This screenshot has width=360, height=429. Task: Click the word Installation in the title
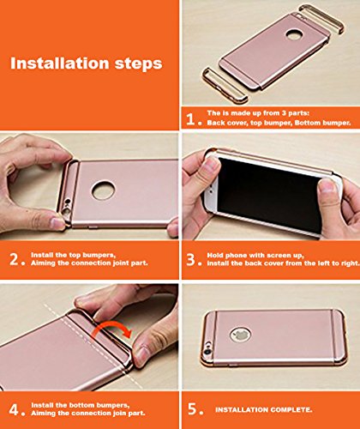[60, 63]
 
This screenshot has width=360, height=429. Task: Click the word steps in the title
[139, 64]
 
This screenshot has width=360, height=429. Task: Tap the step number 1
[191, 119]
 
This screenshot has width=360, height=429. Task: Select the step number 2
[15, 260]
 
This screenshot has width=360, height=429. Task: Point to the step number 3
[190, 260]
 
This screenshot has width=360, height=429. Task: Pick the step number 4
[14, 409]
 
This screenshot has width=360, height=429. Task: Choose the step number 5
[192, 408]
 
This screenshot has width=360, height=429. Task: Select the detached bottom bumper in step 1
[225, 85]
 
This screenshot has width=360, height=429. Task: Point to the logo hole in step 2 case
[104, 190]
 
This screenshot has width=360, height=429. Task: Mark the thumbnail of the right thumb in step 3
[327, 186]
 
